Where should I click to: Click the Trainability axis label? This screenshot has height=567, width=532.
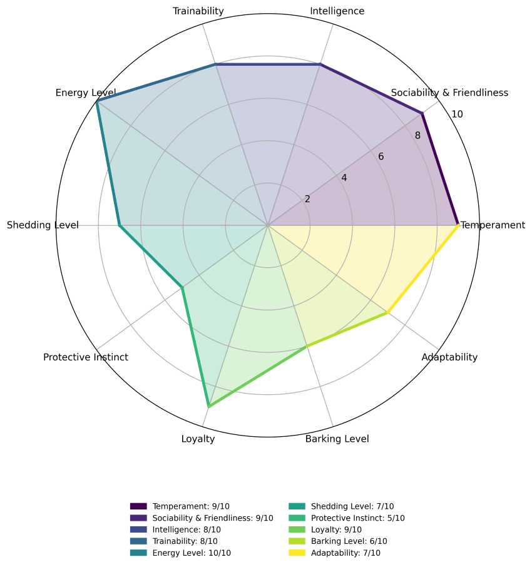pyautogui.click(x=198, y=11)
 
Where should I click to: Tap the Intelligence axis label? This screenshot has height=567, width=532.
pyautogui.click(x=337, y=11)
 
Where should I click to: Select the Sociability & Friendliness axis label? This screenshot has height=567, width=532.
pyautogui.click(x=449, y=93)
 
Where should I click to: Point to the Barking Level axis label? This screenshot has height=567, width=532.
pyautogui.click(x=337, y=439)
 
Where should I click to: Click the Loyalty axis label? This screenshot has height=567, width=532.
pyautogui.click(x=198, y=439)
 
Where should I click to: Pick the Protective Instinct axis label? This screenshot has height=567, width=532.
pyautogui.click(x=86, y=357)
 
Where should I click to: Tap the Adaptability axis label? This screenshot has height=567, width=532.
pyautogui.click(x=449, y=357)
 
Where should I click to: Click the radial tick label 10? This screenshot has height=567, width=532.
pyautogui.click(x=457, y=115)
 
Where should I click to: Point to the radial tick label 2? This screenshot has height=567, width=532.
pyautogui.click(x=307, y=199)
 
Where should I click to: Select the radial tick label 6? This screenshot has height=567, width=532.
pyautogui.click(x=381, y=156)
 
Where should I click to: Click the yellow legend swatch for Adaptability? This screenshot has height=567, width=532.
pyautogui.click(x=297, y=553)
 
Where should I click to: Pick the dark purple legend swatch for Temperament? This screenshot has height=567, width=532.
pyautogui.click(x=138, y=506)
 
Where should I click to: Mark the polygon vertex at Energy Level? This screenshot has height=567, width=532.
pyautogui.click(x=96, y=101)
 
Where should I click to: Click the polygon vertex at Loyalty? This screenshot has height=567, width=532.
pyautogui.click(x=208, y=407)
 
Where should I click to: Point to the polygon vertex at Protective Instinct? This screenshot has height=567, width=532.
pyautogui.click(x=182, y=287)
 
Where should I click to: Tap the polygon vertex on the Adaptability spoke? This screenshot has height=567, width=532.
pyautogui.click(x=387, y=312)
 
